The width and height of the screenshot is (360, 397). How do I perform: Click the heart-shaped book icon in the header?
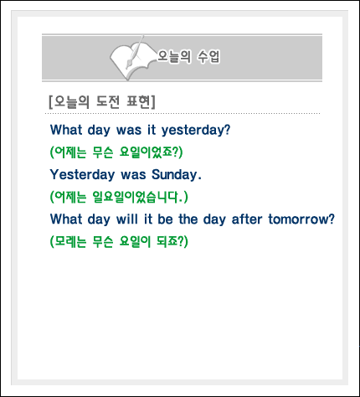[x=131, y=60]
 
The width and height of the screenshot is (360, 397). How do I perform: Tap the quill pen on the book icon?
[x=136, y=52]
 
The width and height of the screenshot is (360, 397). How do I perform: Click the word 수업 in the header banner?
[x=208, y=56]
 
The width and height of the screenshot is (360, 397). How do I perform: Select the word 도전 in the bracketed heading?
[x=108, y=101]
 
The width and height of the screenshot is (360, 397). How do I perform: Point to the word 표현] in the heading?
[x=141, y=101]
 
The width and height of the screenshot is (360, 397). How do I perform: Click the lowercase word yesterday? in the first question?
[x=196, y=130]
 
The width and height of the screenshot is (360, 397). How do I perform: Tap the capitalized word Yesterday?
[x=82, y=175]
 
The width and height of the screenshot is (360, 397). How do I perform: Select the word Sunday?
[x=177, y=174]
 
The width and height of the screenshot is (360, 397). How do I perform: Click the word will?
[x=127, y=219]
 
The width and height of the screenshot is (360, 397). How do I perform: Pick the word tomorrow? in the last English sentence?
[x=301, y=219]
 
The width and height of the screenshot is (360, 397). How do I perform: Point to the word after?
[x=247, y=219]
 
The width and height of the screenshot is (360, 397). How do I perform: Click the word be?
[x=165, y=219]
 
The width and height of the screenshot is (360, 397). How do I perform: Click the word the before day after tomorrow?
[x=188, y=219]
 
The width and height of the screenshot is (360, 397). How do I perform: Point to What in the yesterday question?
[x=66, y=130]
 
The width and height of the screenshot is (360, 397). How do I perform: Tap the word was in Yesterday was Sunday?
[x=133, y=175]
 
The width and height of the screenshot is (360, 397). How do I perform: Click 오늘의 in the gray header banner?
[x=174, y=56]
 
